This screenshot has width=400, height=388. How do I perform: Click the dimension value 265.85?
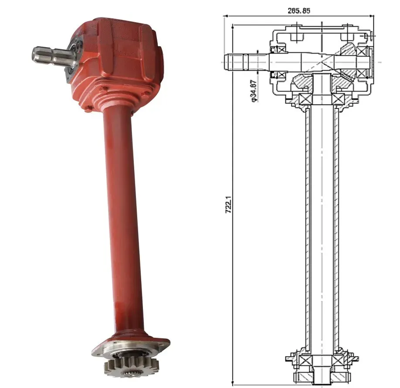pyautogui.click(x=298, y=10)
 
